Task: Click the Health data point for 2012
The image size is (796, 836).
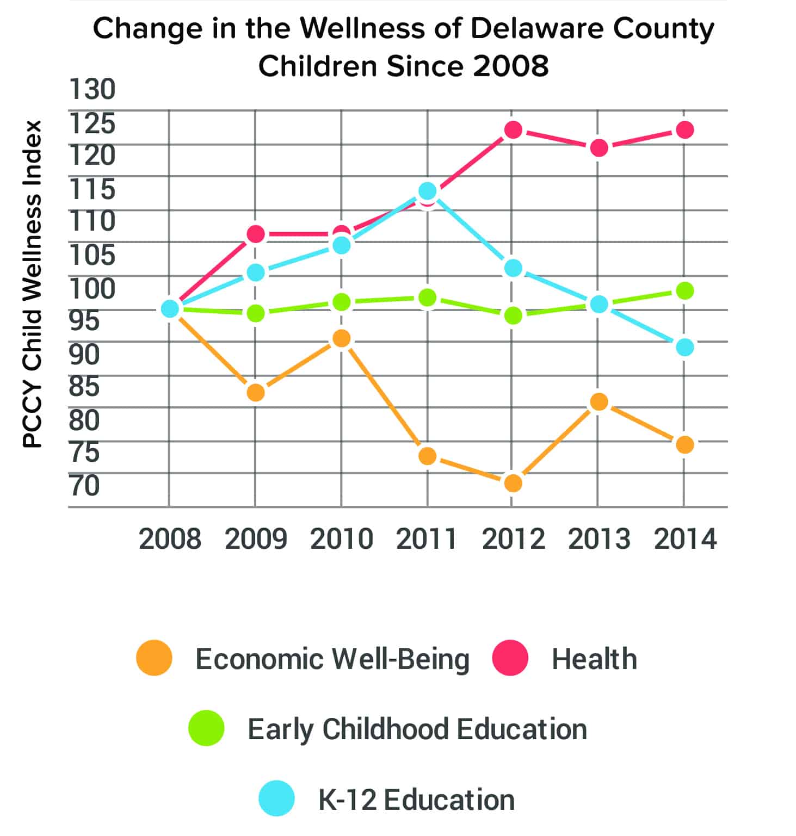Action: tap(513, 130)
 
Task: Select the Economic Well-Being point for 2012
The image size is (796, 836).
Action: tap(513, 483)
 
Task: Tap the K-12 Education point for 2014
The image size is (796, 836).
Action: tap(685, 347)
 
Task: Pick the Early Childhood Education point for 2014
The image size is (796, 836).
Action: tap(685, 290)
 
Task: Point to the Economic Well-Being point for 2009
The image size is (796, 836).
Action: tap(256, 393)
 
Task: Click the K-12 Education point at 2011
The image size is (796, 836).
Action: tap(428, 191)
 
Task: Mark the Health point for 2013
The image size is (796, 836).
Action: tap(599, 148)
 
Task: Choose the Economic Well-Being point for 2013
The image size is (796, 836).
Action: tap(599, 402)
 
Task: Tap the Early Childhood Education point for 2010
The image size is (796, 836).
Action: tap(341, 302)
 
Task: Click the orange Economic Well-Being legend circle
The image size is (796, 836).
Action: tap(155, 658)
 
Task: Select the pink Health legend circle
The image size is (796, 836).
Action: tap(510, 658)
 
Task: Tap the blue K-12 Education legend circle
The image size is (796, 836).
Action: tap(277, 798)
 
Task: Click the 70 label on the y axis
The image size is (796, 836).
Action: tap(85, 486)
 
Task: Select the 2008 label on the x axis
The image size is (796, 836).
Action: tap(170, 540)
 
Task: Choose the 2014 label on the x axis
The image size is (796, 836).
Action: tap(685, 540)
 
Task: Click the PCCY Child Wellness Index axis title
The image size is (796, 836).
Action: tap(33, 283)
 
